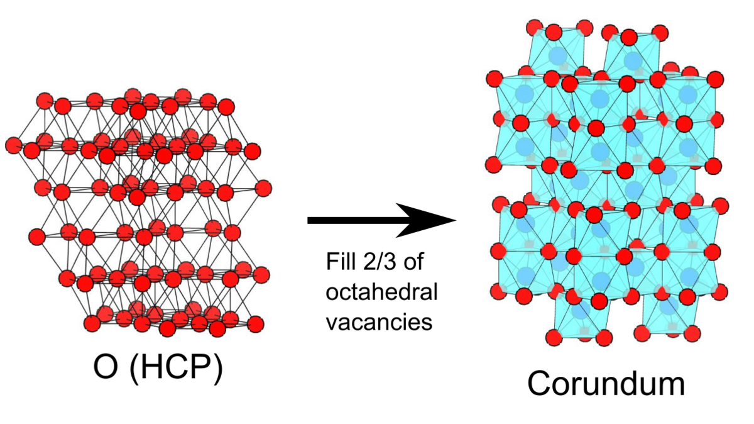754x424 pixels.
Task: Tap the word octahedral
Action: coord(382,291)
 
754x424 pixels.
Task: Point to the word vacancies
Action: coord(379,321)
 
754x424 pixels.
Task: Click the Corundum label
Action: coord(606,384)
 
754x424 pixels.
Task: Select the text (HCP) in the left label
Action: coord(176,368)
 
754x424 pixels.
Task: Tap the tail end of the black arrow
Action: coord(308,220)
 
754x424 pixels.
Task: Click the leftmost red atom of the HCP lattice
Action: coord(13,145)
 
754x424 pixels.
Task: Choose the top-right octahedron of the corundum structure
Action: coord(632,50)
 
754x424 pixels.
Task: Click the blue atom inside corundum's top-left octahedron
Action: coord(558,55)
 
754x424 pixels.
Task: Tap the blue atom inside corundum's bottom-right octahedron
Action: coord(669,307)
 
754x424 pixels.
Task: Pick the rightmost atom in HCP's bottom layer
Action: coord(256,324)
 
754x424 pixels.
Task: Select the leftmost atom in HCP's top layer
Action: coord(45,101)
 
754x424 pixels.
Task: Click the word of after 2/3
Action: coord(413,262)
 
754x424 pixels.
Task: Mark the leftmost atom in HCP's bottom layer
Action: coord(92,323)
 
